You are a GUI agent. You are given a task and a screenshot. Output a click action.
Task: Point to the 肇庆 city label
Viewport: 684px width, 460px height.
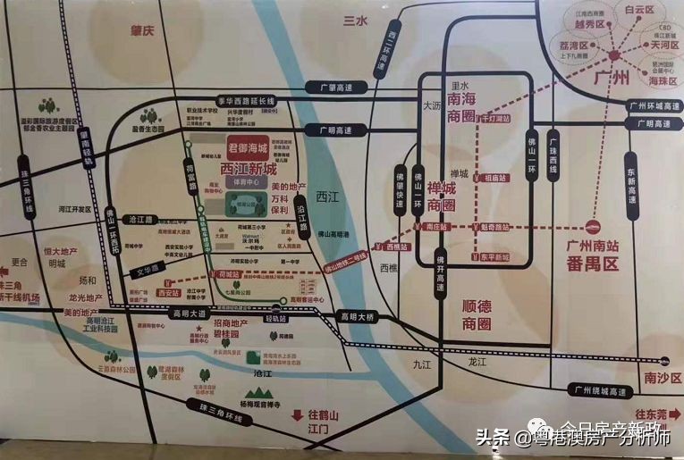click(142, 30)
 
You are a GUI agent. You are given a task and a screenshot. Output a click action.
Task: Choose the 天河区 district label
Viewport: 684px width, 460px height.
click(664, 44)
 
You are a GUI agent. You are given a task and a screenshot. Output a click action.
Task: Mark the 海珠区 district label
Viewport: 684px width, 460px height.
click(664, 80)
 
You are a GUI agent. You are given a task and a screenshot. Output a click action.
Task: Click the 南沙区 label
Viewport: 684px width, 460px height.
click(663, 378)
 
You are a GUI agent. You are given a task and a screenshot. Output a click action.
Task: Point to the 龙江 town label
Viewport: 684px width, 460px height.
click(477, 362)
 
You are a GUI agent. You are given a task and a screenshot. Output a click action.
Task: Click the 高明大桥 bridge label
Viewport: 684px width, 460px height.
click(359, 317)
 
